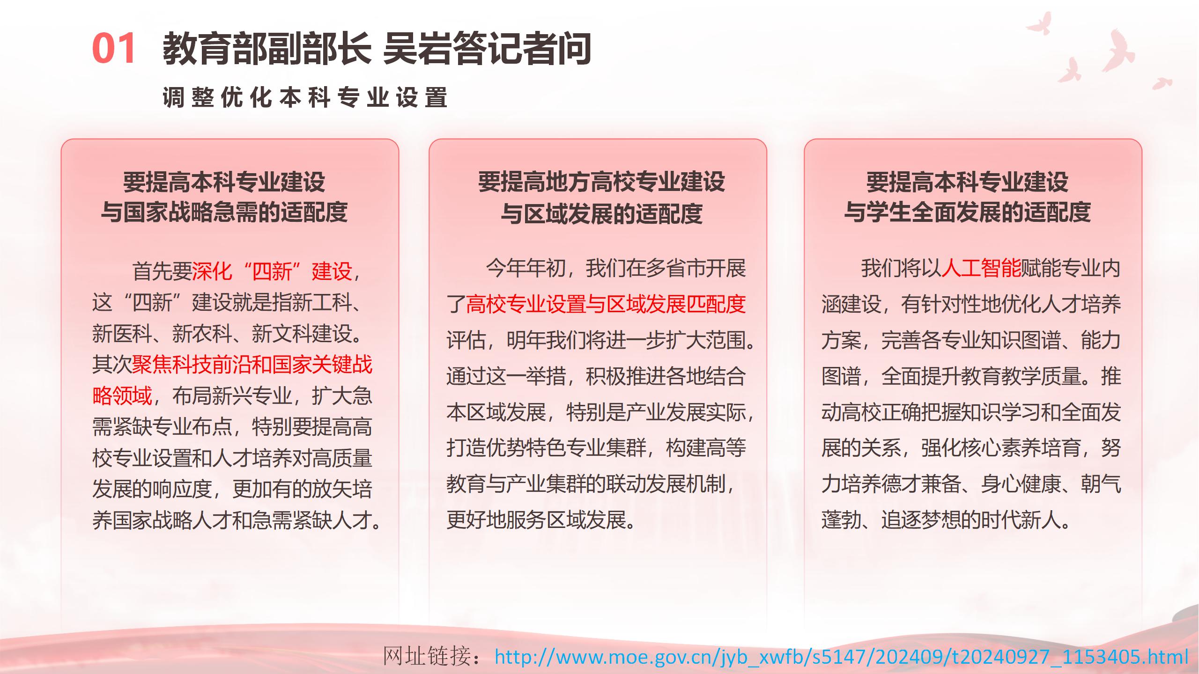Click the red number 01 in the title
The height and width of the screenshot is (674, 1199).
tap(114, 48)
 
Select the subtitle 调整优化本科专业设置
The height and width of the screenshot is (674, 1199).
tap(305, 97)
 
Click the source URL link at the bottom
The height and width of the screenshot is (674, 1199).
tap(842, 657)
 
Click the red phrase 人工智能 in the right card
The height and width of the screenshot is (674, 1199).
tap(981, 268)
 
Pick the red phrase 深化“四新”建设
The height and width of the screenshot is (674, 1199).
tap(272, 271)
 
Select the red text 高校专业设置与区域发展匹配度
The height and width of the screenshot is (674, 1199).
tap(606, 304)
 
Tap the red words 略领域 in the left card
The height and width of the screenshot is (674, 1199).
tap(122, 396)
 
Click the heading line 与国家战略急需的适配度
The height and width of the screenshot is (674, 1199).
tap(224, 212)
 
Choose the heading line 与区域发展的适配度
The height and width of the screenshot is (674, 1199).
tap(601, 214)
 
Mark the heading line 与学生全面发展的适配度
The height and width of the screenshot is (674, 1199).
tap(967, 212)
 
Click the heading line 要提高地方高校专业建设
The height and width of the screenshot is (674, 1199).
tap(601, 182)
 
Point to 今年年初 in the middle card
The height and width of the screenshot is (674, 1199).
tap(526, 268)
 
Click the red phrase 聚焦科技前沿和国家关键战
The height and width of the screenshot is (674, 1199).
tap(252, 364)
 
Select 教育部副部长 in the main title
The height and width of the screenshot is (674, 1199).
tap(267, 48)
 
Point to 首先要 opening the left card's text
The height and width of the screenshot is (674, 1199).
tap(162, 271)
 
